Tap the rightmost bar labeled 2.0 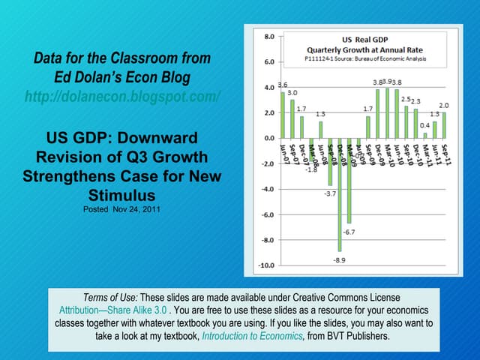[444, 125]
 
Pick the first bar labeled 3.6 [283, 115]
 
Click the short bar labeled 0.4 [425, 135]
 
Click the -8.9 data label [340, 259]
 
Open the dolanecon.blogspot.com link [122, 97]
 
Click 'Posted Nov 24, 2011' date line [121, 209]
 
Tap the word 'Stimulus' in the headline [121, 194]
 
